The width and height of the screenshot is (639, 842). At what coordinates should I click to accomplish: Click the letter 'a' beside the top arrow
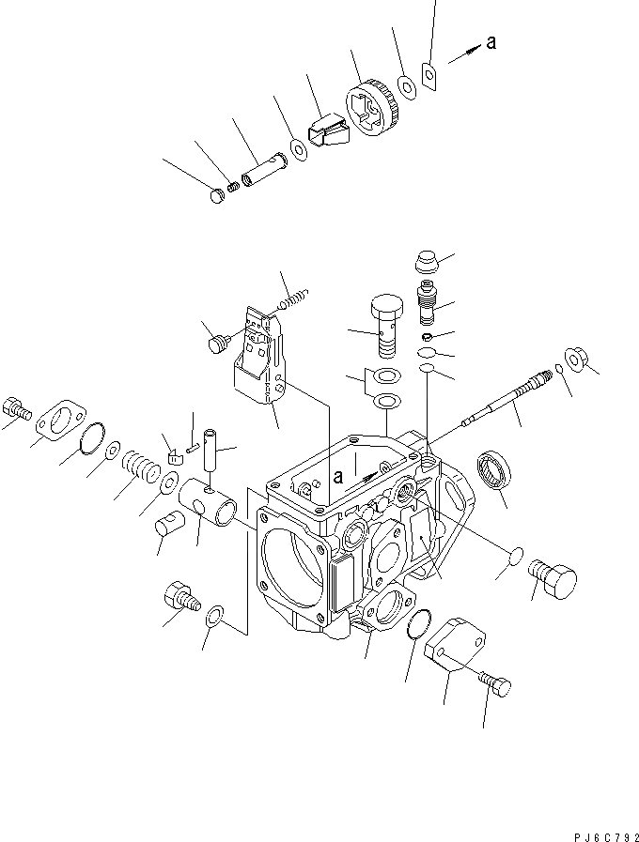point(491,42)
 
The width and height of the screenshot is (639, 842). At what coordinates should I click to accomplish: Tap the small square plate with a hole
point(429,74)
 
